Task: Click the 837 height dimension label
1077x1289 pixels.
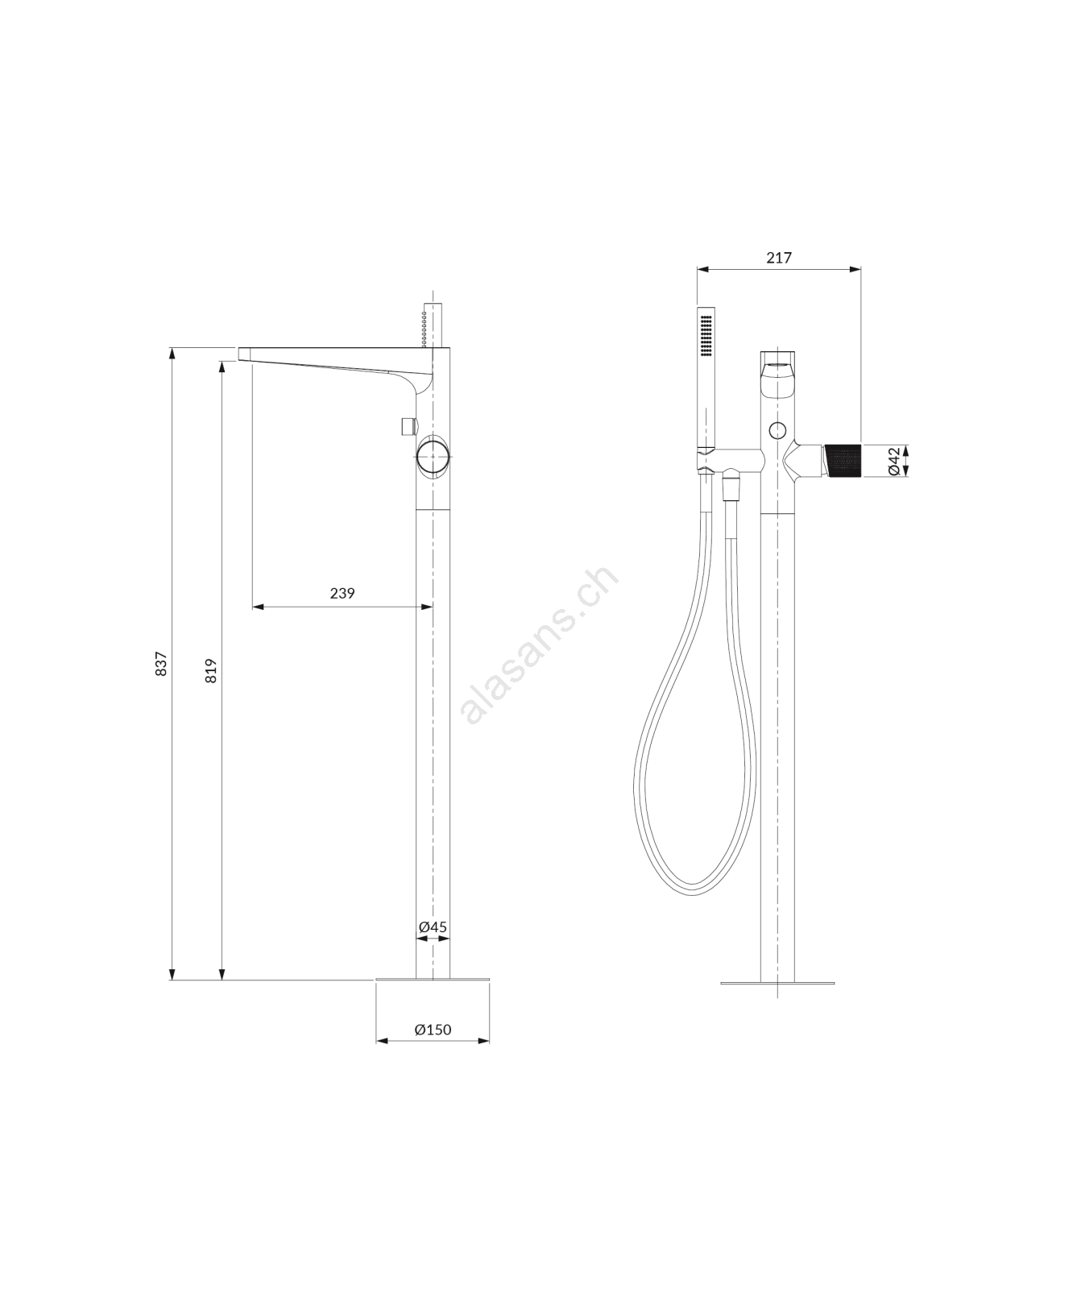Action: pyautogui.click(x=161, y=663)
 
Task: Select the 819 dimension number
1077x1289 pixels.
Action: pyautogui.click(x=211, y=671)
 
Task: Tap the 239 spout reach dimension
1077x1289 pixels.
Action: pyautogui.click(x=342, y=593)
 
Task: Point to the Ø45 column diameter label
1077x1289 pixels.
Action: pyautogui.click(x=433, y=926)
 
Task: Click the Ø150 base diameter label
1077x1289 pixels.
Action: pyautogui.click(x=433, y=1029)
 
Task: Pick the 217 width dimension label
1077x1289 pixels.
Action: pyautogui.click(x=779, y=258)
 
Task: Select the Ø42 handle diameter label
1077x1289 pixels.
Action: pyautogui.click(x=893, y=460)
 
